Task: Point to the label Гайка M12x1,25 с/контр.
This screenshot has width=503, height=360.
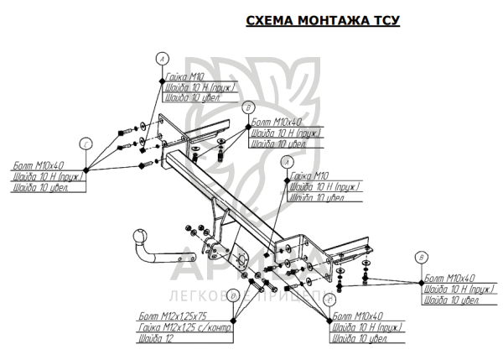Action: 184,327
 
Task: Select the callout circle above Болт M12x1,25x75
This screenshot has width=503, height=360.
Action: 235,295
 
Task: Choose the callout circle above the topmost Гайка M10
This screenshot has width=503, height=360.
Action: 162,56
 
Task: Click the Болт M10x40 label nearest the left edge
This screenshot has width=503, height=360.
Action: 33,165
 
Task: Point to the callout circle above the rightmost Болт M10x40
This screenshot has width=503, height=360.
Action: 422,256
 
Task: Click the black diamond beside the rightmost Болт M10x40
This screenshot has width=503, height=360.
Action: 420,283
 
